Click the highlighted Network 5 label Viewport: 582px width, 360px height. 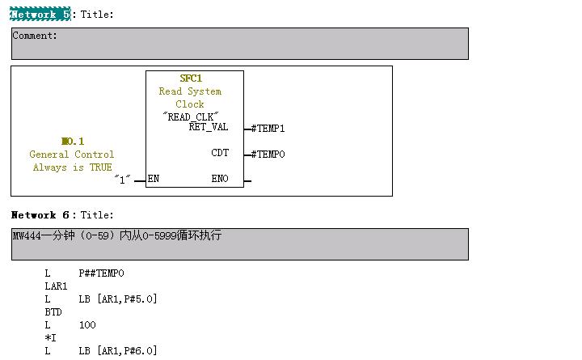point(40,14)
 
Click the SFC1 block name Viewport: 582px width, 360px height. point(191,78)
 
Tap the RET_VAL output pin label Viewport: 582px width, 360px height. point(209,127)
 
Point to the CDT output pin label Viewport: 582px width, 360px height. point(220,153)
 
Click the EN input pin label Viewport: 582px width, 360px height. point(154,179)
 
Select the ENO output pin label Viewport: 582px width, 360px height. point(220,179)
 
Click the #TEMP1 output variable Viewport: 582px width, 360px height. point(268,129)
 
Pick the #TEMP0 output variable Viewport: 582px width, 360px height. point(268,155)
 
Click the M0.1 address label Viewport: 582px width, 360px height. point(72,142)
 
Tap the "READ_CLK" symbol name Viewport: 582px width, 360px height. point(191,116)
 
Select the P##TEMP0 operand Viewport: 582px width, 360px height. point(102,273)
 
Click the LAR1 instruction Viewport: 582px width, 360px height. point(56,286)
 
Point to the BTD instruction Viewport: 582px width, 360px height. point(53,312)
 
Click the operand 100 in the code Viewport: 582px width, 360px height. point(87,325)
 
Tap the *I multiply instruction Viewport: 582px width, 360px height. point(51,338)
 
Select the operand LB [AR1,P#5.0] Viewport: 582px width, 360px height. point(118,299)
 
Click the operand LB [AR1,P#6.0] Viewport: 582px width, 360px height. point(118,351)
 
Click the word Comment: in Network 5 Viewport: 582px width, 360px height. point(35,36)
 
